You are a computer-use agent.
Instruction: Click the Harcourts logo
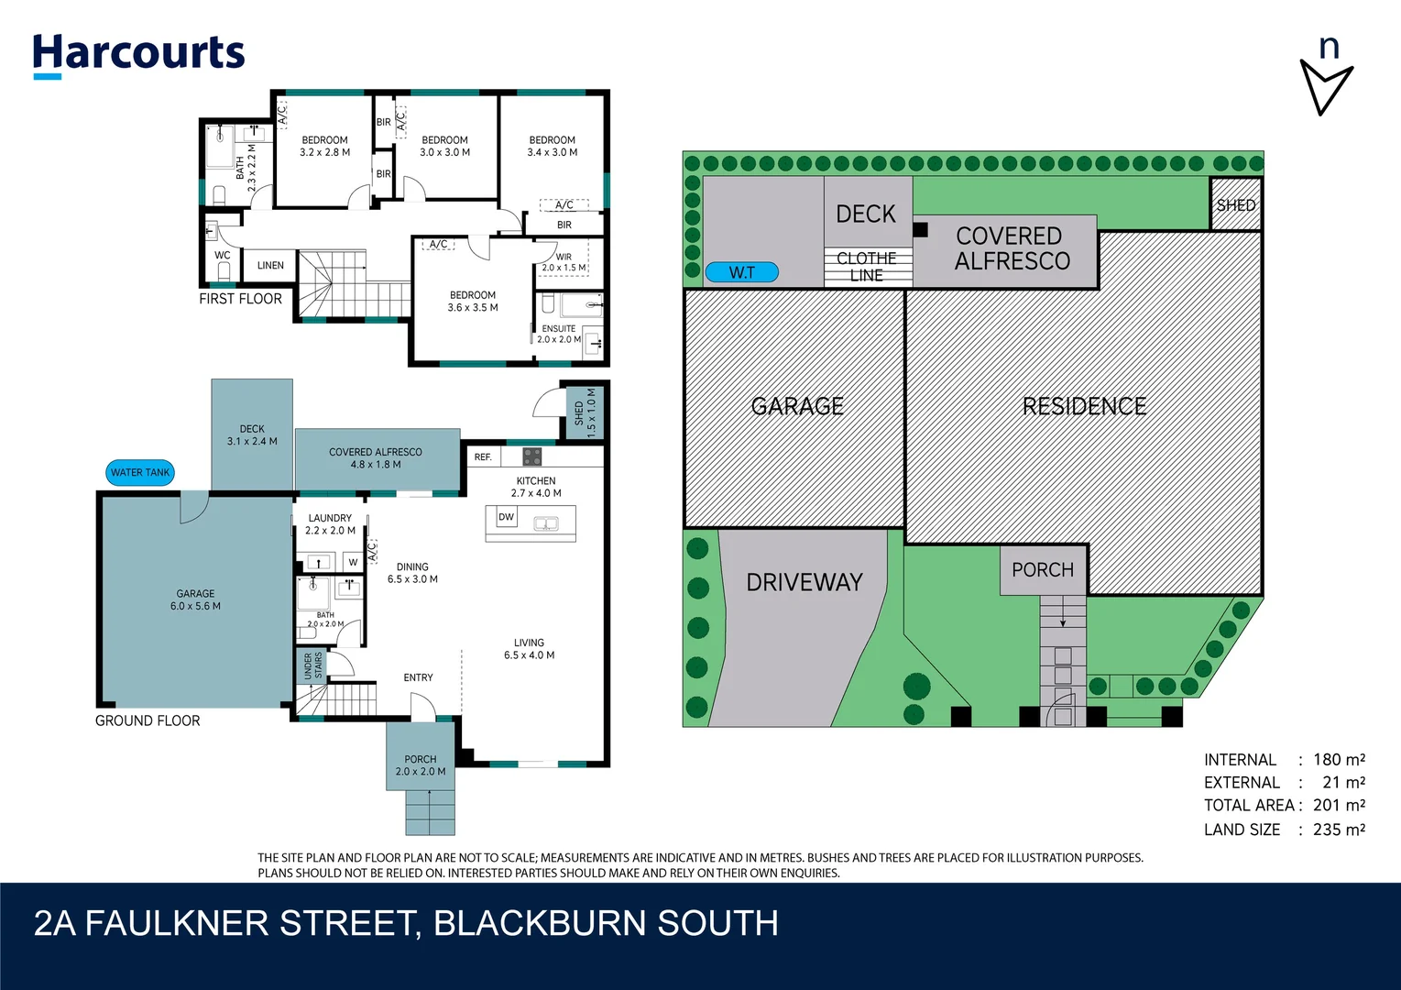[138, 54]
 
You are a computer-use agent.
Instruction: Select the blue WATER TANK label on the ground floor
[140, 473]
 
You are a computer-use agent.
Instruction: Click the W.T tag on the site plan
[741, 272]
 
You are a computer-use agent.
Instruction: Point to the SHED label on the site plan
[1235, 205]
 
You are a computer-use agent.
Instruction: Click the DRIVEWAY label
[804, 582]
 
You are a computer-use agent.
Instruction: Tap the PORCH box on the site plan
[1043, 570]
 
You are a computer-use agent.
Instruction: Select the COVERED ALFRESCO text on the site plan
[1011, 248]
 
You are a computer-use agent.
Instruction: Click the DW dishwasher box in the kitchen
[507, 517]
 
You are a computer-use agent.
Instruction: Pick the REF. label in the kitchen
[483, 456]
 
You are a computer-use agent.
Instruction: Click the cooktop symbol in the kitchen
[532, 456]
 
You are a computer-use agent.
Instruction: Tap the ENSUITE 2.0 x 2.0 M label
[559, 334]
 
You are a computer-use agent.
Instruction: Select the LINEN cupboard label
[270, 266]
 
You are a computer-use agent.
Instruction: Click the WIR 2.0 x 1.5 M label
[564, 262]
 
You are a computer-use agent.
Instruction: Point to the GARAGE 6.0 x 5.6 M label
[195, 599]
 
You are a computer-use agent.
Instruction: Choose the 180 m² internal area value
[1339, 759]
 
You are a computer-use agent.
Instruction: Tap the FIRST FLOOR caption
[240, 299]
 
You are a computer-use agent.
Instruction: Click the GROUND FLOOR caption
[148, 720]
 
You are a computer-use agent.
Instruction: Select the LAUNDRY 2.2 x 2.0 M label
[330, 524]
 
